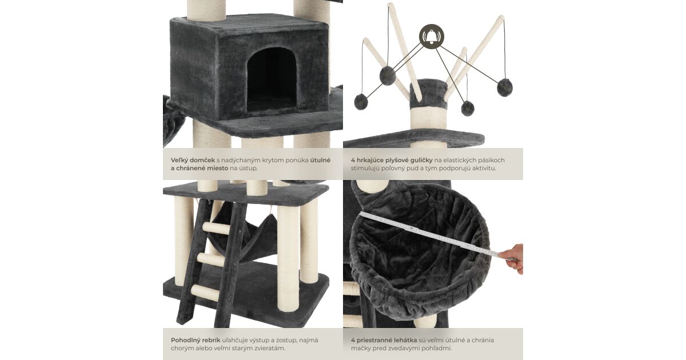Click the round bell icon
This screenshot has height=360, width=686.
432,37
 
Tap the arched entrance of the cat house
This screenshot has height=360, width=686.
272,81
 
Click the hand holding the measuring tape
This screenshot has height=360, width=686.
512,258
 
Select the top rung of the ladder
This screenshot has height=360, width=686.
217,228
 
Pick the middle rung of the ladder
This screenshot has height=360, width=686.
211,259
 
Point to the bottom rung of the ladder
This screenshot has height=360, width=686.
205,293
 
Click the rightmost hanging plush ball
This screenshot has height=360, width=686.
504,87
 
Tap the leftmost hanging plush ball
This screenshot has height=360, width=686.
361,102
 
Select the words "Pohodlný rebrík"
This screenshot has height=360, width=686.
196,340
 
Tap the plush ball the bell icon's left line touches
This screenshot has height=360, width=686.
388,75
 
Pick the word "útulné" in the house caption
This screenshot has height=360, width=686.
320,160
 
